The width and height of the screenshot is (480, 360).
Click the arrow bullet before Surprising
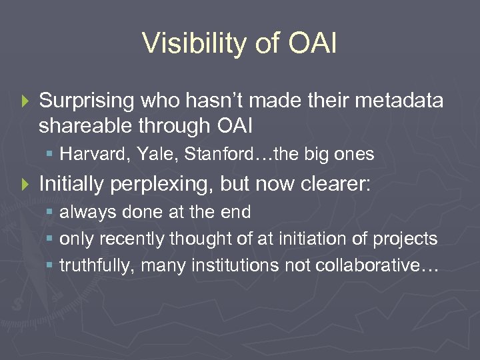(26, 101)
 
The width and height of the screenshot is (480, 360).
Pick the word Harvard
(85, 155)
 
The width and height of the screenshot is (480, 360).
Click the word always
(82, 213)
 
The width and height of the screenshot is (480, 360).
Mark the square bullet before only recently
(51, 239)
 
